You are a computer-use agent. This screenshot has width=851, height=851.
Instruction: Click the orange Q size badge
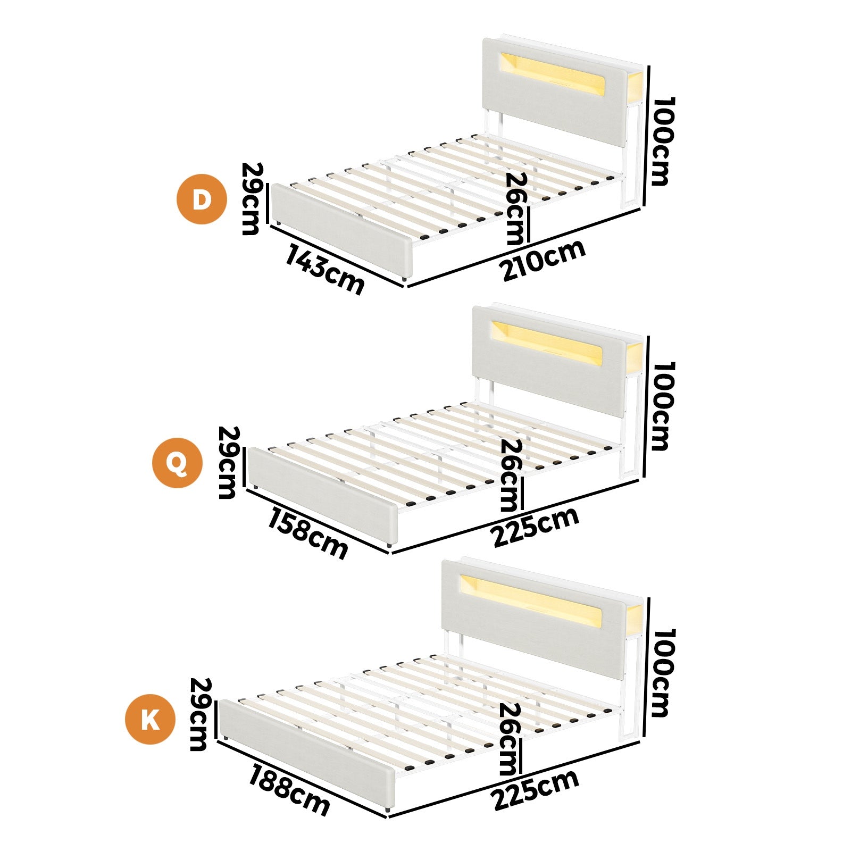pyautogui.click(x=177, y=463)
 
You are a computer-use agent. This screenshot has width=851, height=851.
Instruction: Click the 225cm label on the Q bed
pyautogui.click(x=535, y=527)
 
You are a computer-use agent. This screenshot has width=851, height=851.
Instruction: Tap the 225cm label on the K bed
pyautogui.click(x=535, y=789)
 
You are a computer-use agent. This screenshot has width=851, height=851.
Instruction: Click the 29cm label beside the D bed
pyautogui.click(x=251, y=198)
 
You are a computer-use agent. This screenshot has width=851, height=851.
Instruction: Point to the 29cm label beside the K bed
pyautogui.click(x=199, y=714)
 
